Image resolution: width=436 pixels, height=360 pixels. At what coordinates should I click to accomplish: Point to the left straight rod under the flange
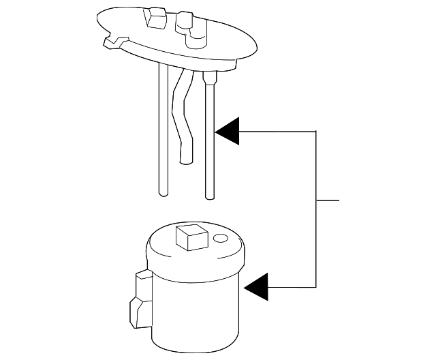point(161,130)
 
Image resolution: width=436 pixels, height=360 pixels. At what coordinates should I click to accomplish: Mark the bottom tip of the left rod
point(161,194)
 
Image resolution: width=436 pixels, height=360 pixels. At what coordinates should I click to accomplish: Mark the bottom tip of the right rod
point(210,197)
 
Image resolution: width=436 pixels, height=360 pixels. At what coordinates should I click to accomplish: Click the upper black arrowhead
point(228,131)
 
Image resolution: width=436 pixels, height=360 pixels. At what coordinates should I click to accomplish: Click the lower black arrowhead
point(258,286)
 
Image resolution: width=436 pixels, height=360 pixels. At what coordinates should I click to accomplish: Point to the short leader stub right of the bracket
point(328,201)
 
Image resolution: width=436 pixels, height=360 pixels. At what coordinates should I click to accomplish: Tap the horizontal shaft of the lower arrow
point(293,286)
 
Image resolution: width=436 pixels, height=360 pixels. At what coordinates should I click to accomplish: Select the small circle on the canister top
point(219,239)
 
